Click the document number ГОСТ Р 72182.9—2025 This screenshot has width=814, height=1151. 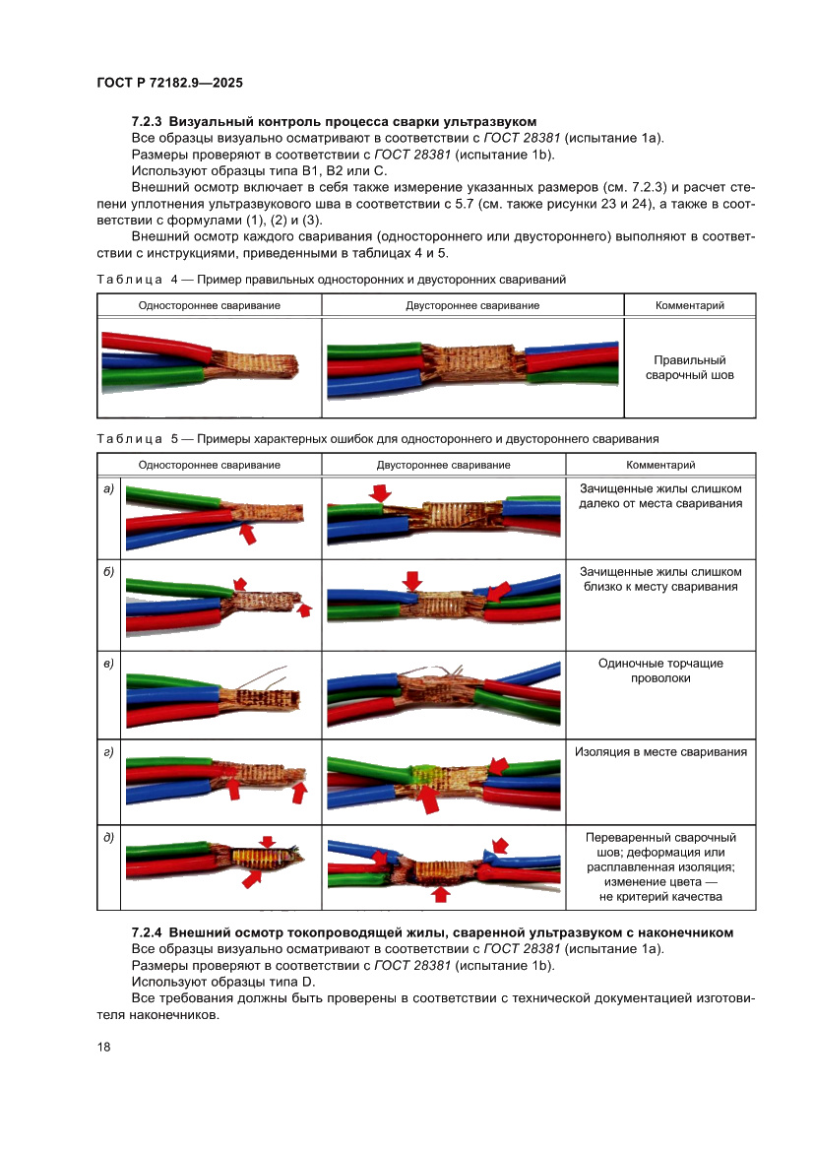point(169,83)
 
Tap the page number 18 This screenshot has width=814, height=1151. point(103,1047)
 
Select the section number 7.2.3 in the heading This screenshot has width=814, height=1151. point(147,122)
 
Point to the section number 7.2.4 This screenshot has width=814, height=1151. point(147,933)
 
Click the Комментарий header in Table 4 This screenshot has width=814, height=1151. point(689,305)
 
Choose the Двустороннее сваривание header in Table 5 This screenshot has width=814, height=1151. point(443,465)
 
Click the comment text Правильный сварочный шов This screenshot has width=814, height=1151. point(689,368)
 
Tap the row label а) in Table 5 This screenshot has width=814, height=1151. point(108,489)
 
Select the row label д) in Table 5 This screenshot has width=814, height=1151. point(108,838)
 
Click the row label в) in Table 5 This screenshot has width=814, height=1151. point(108,664)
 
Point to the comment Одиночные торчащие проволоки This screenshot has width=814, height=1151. point(660,671)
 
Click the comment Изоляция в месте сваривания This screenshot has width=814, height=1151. point(660,751)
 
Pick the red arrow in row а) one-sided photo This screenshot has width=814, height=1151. point(248,533)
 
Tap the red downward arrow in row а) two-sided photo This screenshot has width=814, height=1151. point(380,492)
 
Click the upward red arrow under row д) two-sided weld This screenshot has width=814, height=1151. point(440,893)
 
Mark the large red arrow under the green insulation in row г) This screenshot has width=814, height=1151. point(427,799)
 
